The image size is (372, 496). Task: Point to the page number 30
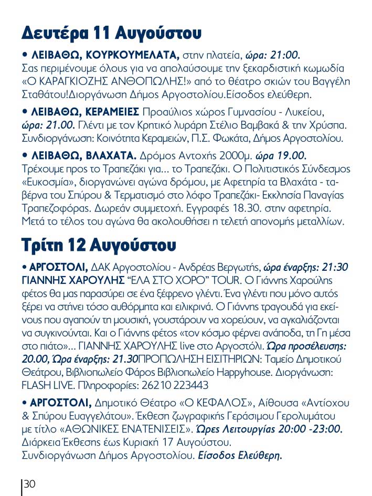(29, 484)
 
